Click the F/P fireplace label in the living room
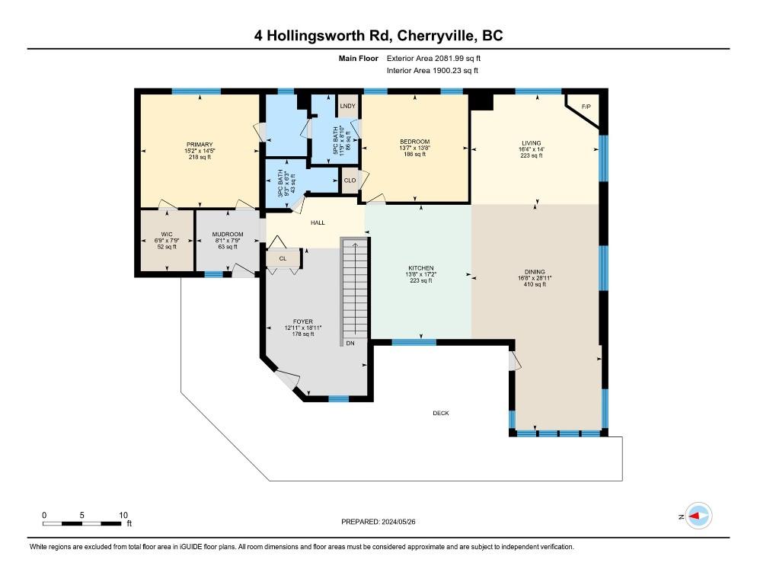pos(586,107)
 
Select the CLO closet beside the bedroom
pos(350,181)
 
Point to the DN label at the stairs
pos(350,344)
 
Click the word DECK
pos(440,414)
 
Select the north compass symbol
pos(698,516)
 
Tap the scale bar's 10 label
pos(123,515)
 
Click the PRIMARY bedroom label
pos(199,144)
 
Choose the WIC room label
pos(166,234)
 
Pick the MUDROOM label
pos(227,234)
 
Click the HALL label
pos(318,223)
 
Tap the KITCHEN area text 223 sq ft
pos(420,281)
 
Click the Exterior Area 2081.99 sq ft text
pos(434,58)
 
